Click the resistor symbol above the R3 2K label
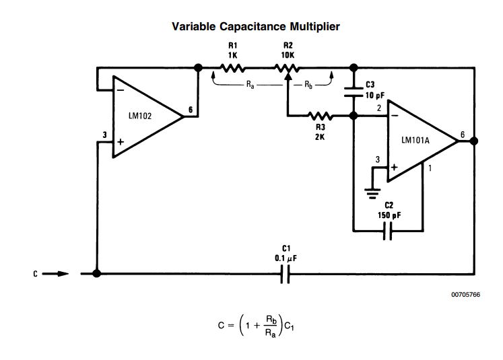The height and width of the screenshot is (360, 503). pos(320,116)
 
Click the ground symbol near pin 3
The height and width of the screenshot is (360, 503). pos(370,190)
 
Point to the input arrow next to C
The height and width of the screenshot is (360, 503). pos(58,274)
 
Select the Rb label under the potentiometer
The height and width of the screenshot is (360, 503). pos(308,85)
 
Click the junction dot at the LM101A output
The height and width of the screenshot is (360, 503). pos(474,141)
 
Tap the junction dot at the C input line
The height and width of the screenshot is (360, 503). pos(97,274)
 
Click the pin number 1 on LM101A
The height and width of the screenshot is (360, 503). pos(430,168)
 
